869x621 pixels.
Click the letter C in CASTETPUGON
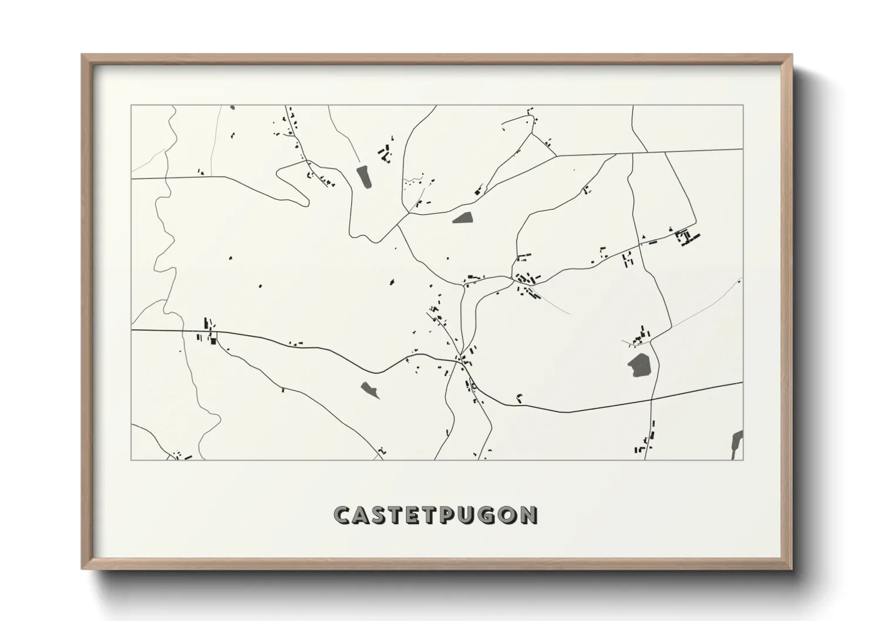click(342, 515)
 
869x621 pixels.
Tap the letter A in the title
click(363, 515)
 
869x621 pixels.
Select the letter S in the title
click(382, 515)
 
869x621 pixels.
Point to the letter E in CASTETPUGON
click(418, 515)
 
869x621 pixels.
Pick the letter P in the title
click(454, 515)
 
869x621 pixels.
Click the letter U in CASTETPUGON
click(473, 515)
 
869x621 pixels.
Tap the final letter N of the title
click(530, 515)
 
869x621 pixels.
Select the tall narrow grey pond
click(364, 177)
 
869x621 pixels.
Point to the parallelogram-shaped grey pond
click(463, 218)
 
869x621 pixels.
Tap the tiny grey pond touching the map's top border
click(233, 107)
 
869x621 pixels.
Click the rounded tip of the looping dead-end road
click(306, 202)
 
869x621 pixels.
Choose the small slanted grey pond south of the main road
click(370, 389)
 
